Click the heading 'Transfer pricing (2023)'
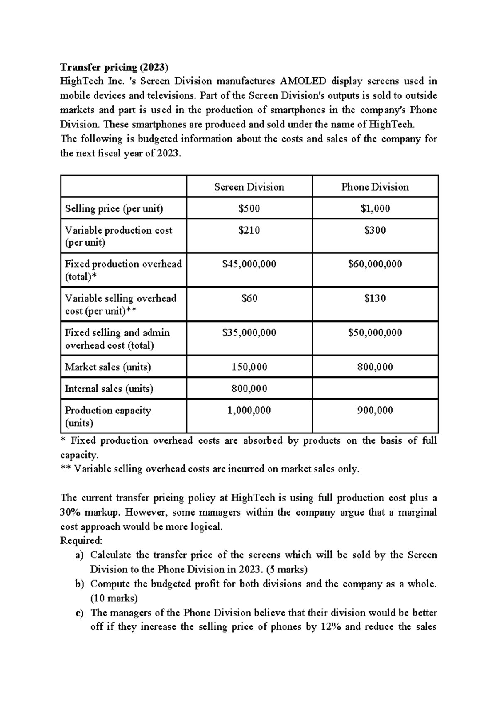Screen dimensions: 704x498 (114, 67)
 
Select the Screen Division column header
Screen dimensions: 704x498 (249, 187)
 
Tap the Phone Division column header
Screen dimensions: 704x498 (375, 187)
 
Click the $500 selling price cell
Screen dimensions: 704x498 (249, 208)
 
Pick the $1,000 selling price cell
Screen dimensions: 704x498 (375, 208)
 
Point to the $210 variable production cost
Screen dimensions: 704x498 (249, 230)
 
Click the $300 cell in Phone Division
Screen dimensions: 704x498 (375, 230)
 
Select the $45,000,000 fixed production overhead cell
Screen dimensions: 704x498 (249, 264)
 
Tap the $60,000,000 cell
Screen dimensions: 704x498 (375, 264)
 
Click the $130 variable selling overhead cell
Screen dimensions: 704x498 (375, 298)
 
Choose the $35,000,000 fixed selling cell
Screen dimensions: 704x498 (249, 332)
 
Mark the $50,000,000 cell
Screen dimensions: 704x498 (375, 332)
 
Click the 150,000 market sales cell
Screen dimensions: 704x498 (249, 367)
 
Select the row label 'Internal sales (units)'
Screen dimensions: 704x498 (109, 389)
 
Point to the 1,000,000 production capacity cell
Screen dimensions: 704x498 (249, 411)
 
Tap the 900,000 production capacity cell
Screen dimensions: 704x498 (375, 411)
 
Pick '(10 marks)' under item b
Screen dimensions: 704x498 (114, 598)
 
